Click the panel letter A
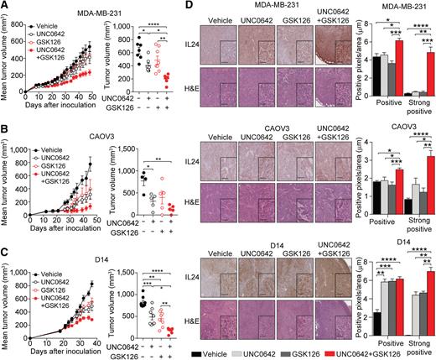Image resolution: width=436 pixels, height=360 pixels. pos(6,7)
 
